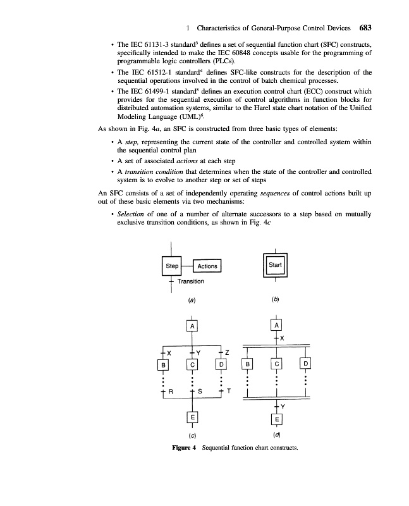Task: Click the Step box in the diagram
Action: click(x=171, y=266)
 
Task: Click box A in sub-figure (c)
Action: click(x=192, y=326)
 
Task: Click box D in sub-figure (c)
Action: click(x=221, y=366)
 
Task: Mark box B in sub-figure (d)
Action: click(x=248, y=365)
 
